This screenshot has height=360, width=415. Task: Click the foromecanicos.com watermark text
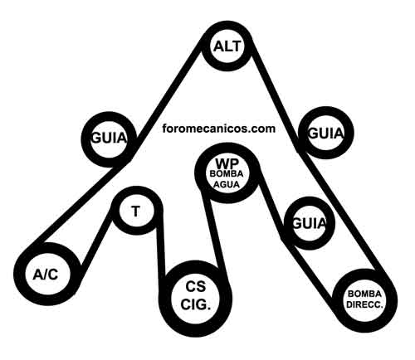(218, 129)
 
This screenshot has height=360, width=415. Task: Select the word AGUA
(227, 184)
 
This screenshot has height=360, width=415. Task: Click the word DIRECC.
(364, 304)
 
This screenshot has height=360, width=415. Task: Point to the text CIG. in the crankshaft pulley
(196, 304)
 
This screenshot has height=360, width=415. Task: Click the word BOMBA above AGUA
(227, 174)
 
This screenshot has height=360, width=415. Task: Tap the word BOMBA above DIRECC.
(364, 294)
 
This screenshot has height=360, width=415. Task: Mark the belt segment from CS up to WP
(213, 231)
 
